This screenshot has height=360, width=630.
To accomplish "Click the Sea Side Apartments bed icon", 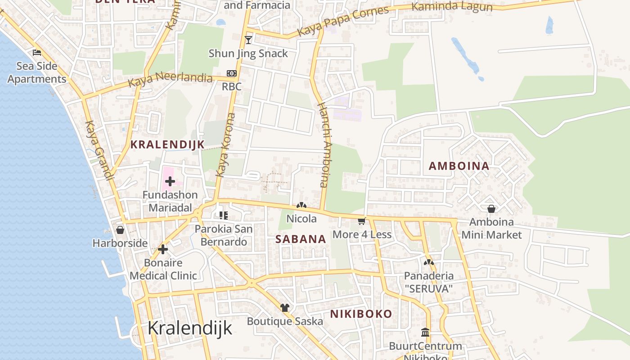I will click(x=37, y=53).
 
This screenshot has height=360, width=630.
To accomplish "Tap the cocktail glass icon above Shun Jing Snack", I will click(x=248, y=40).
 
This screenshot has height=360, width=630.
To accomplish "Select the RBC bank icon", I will click(x=231, y=73).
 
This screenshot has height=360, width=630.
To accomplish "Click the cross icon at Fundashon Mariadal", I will click(x=170, y=181).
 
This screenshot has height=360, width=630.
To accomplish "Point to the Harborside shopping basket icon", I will click(x=120, y=230).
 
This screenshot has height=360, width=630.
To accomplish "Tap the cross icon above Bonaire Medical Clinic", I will click(x=163, y=249).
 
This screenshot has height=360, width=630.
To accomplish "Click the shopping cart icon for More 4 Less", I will click(x=361, y=221).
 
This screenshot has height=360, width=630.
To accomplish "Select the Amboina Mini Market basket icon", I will click(x=491, y=209).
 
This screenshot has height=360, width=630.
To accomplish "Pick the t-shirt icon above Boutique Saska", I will click(x=284, y=308).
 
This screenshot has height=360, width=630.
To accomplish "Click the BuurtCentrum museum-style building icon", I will click(x=425, y=333).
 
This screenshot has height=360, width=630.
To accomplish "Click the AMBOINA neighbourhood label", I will click(x=459, y=166).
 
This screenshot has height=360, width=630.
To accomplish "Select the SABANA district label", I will click(x=301, y=239).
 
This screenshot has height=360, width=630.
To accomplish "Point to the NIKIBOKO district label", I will click(x=361, y=314).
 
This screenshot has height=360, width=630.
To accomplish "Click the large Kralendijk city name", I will click(x=190, y=328).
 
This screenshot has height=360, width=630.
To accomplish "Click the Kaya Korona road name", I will click(x=226, y=144).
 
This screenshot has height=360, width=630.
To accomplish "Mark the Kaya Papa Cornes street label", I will click(x=343, y=21).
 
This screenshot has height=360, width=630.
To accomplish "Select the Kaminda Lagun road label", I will click(x=452, y=7).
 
